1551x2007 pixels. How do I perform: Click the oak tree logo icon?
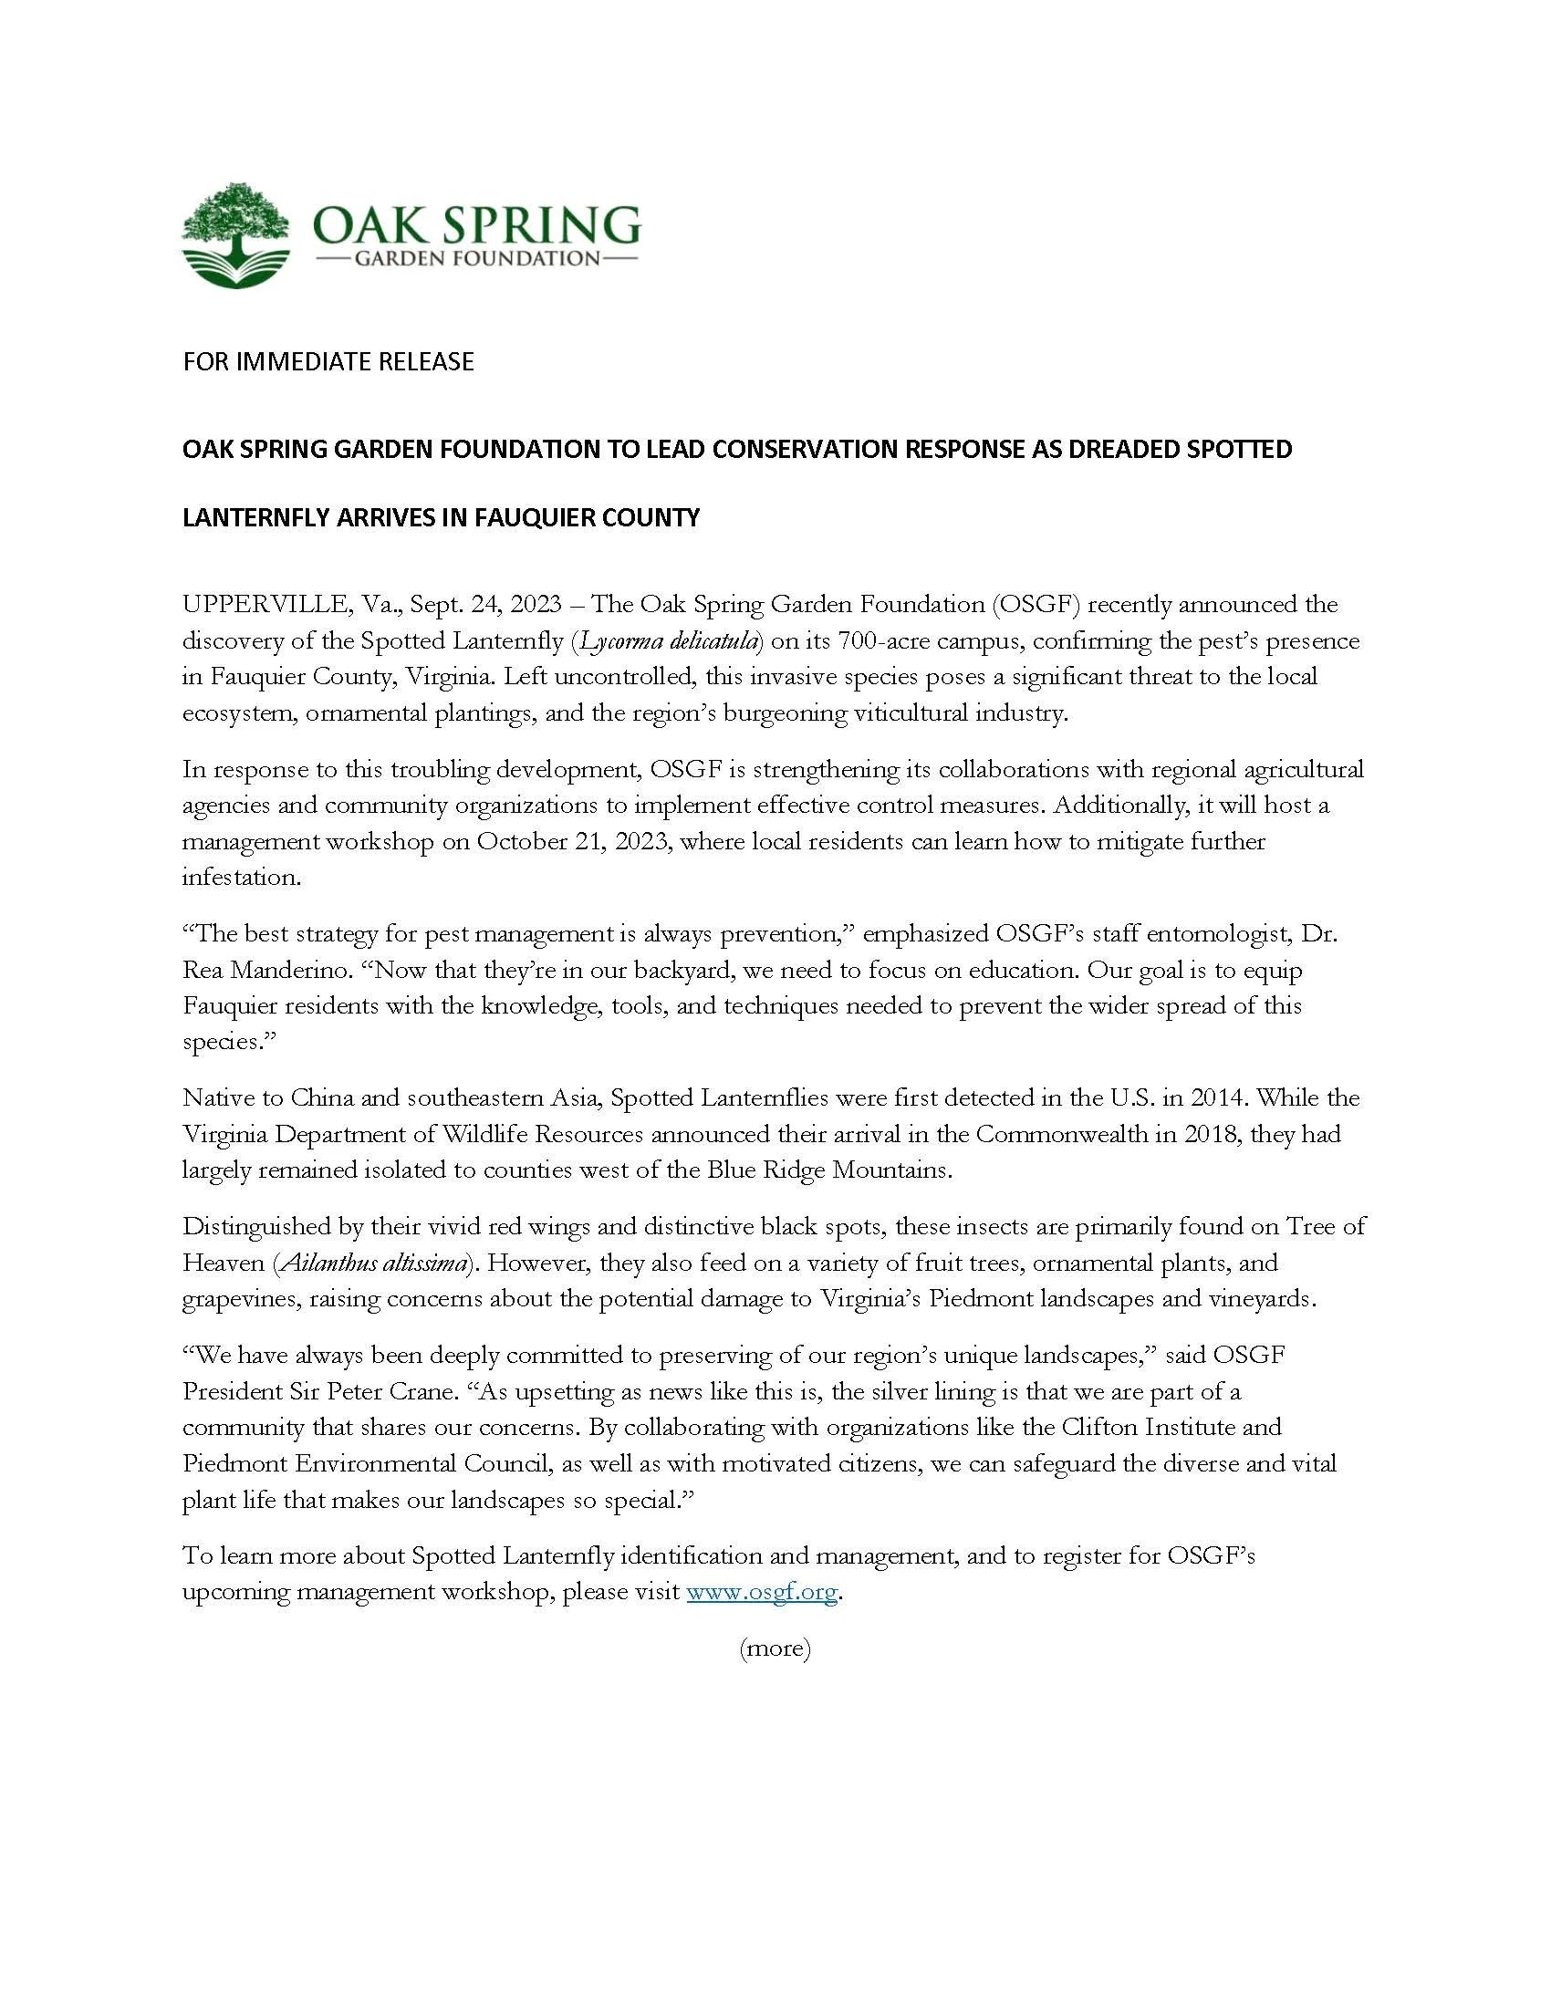coord(236,235)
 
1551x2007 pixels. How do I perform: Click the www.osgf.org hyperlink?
coord(762,1592)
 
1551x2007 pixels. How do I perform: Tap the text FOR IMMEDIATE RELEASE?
coord(328,362)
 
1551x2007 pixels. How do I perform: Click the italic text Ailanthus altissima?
coord(373,1263)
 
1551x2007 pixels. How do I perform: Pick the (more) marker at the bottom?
coord(775,1648)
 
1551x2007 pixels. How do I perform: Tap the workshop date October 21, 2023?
coord(571,842)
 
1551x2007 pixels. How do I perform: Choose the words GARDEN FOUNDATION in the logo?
coord(476,259)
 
